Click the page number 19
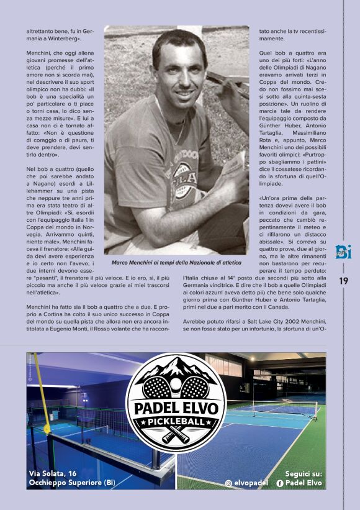pos(344,281)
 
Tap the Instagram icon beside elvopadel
pos(228,483)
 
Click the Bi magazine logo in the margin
pos(344,250)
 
